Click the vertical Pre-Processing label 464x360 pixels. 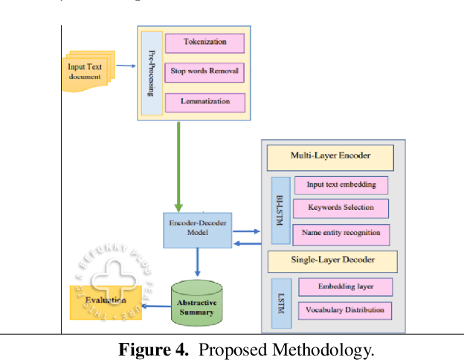click(x=151, y=73)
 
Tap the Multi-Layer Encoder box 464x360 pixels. click(x=330, y=156)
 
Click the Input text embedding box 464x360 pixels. click(x=341, y=185)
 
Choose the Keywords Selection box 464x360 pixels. click(x=341, y=208)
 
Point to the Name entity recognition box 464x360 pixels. click(x=341, y=233)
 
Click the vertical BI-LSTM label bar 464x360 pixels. click(x=280, y=210)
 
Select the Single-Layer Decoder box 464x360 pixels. click(x=332, y=260)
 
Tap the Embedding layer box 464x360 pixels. click(x=344, y=286)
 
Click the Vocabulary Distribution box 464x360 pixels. click(x=344, y=309)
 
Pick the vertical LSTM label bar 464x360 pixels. click(x=280, y=298)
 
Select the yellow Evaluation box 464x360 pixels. click(x=104, y=300)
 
